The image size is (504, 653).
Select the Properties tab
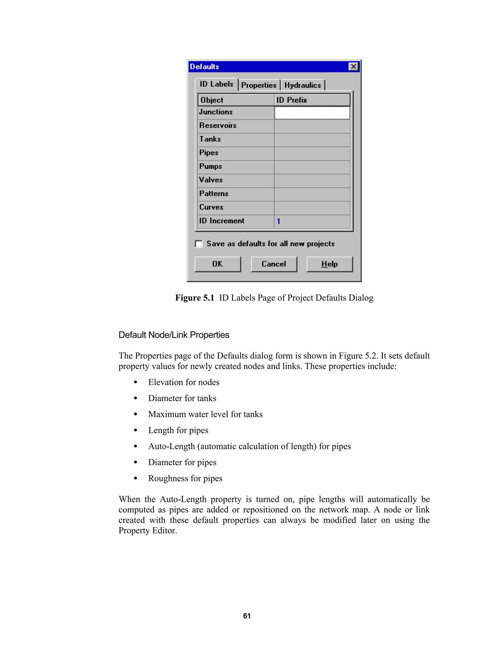pyautogui.click(x=259, y=85)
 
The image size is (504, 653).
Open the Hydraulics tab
pyautogui.click(x=302, y=85)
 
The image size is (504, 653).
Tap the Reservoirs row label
pyautogui.click(x=218, y=126)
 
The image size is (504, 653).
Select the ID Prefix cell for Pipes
pyautogui.click(x=312, y=153)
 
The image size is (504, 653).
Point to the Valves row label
pyautogui.click(x=211, y=180)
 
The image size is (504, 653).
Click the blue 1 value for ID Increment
pyautogui.click(x=278, y=221)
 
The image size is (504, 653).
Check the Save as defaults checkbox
pyautogui.click(x=199, y=244)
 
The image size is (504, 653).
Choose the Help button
pyautogui.click(x=329, y=264)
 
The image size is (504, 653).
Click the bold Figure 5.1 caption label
pyautogui.click(x=194, y=298)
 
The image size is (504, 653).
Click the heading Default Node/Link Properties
pyautogui.click(x=174, y=335)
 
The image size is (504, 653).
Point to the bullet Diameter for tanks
pyautogui.click(x=182, y=398)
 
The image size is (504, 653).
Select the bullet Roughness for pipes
pyautogui.click(x=185, y=478)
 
